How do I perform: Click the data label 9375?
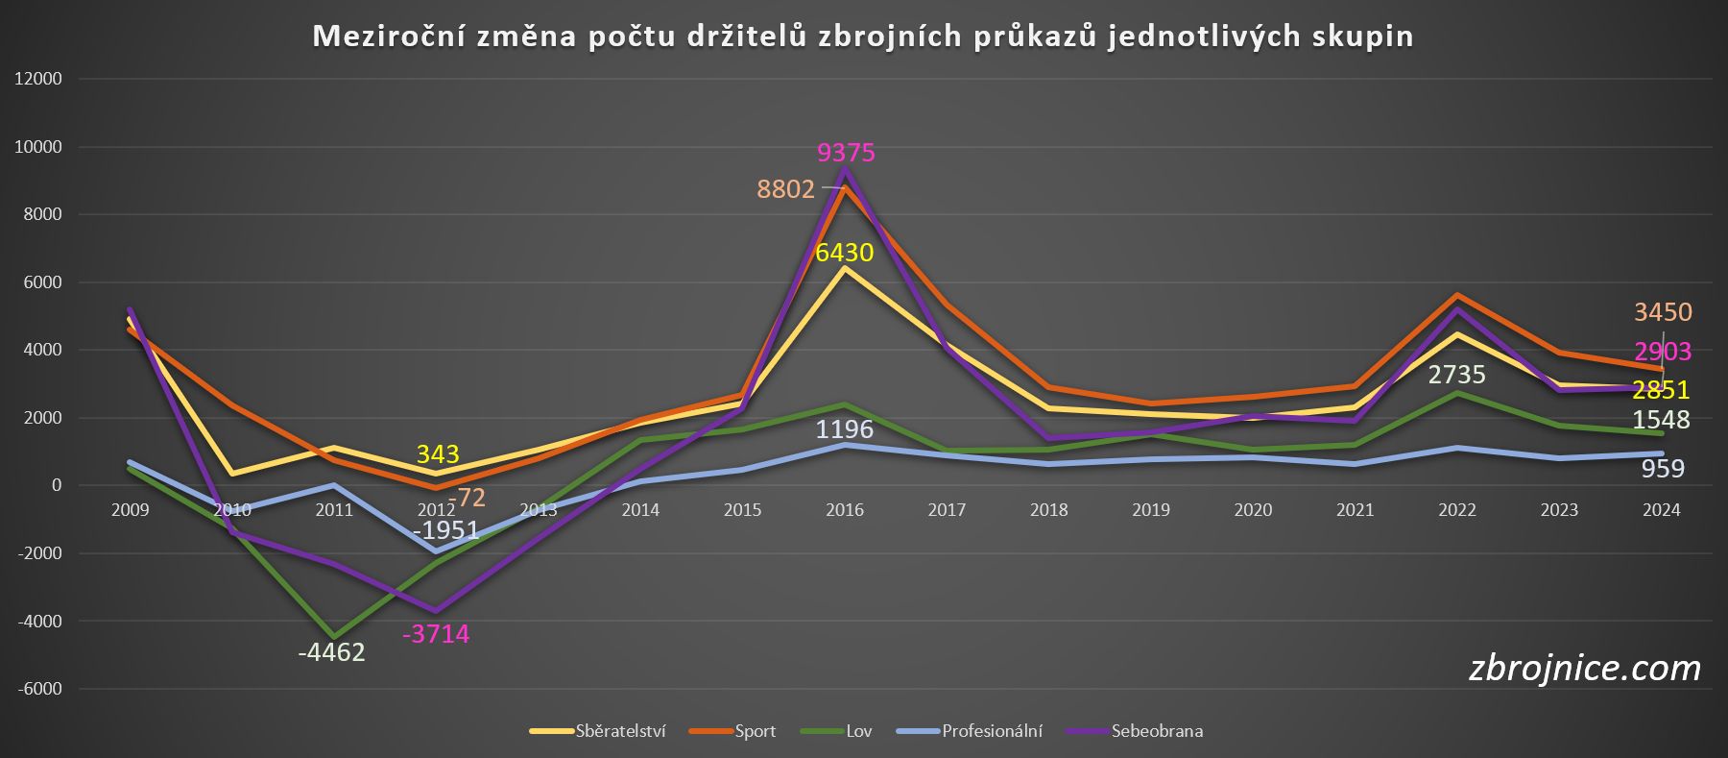click(x=846, y=153)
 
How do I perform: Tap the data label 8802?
click(x=785, y=189)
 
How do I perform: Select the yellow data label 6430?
click(x=844, y=253)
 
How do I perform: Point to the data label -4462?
click(x=331, y=652)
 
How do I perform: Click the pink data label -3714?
click(x=436, y=634)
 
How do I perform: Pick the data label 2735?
click(x=1456, y=375)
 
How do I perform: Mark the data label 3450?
click(x=1663, y=312)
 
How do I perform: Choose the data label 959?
click(x=1663, y=469)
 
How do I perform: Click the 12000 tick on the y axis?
click(x=38, y=79)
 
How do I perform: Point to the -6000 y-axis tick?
click(x=39, y=689)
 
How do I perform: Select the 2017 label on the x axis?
click(x=947, y=510)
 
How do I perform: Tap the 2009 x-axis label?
click(x=130, y=510)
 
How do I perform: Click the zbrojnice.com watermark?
click(x=1584, y=668)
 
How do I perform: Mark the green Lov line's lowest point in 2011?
click(x=334, y=637)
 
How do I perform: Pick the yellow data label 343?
click(x=438, y=454)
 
